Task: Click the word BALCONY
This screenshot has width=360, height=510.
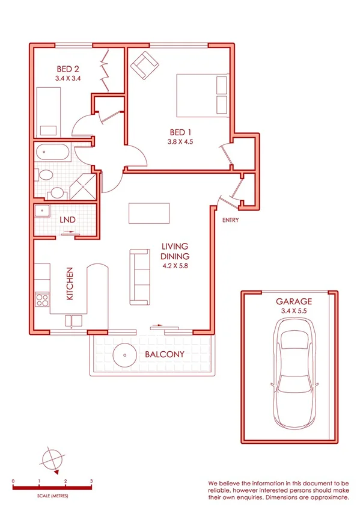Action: click(164, 354)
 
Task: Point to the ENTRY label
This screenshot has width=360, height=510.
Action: click(230, 220)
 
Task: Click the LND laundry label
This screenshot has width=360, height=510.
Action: click(67, 220)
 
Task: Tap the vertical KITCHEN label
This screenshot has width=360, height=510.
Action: click(70, 284)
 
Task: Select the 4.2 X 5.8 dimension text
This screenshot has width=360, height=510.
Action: click(175, 265)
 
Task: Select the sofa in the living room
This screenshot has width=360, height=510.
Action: click(140, 276)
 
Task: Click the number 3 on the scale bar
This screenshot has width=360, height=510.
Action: click(91, 481)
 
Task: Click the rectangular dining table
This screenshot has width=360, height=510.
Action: click(149, 214)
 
